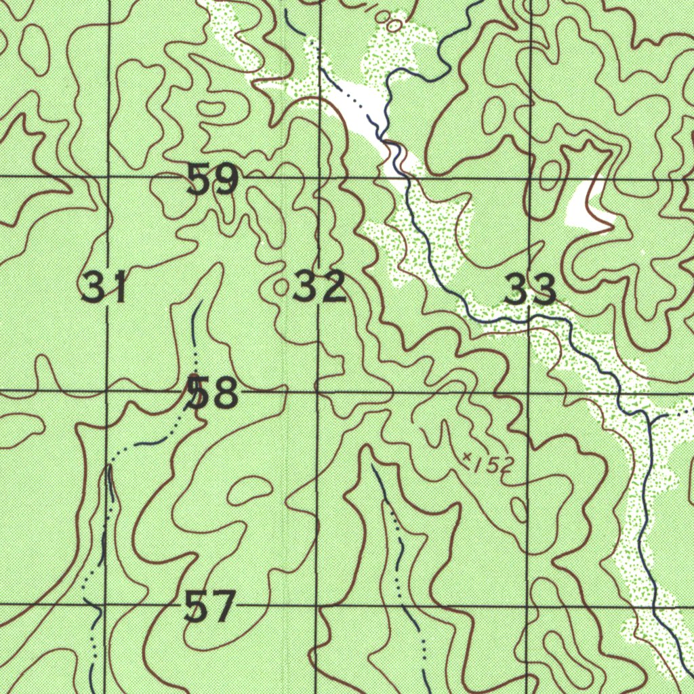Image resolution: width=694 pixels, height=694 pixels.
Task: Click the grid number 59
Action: [x=213, y=180]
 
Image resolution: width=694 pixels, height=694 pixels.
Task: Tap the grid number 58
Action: [x=213, y=394]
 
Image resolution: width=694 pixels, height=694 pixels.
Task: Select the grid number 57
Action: [x=210, y=606]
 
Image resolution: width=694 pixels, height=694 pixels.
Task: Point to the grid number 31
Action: [x=104, y=287]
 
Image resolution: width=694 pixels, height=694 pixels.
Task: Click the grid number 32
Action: [x=320, y=287]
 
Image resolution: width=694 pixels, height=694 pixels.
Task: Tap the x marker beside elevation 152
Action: [x=467, y=459]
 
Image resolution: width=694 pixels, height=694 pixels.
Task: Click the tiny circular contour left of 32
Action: [x=281, y=287]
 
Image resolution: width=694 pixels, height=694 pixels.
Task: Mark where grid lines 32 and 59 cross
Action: [x=320, y=178]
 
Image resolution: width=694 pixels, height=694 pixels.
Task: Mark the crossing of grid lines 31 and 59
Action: [x=108, y=176]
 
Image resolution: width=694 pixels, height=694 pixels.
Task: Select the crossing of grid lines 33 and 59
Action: [x=531, y=179]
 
